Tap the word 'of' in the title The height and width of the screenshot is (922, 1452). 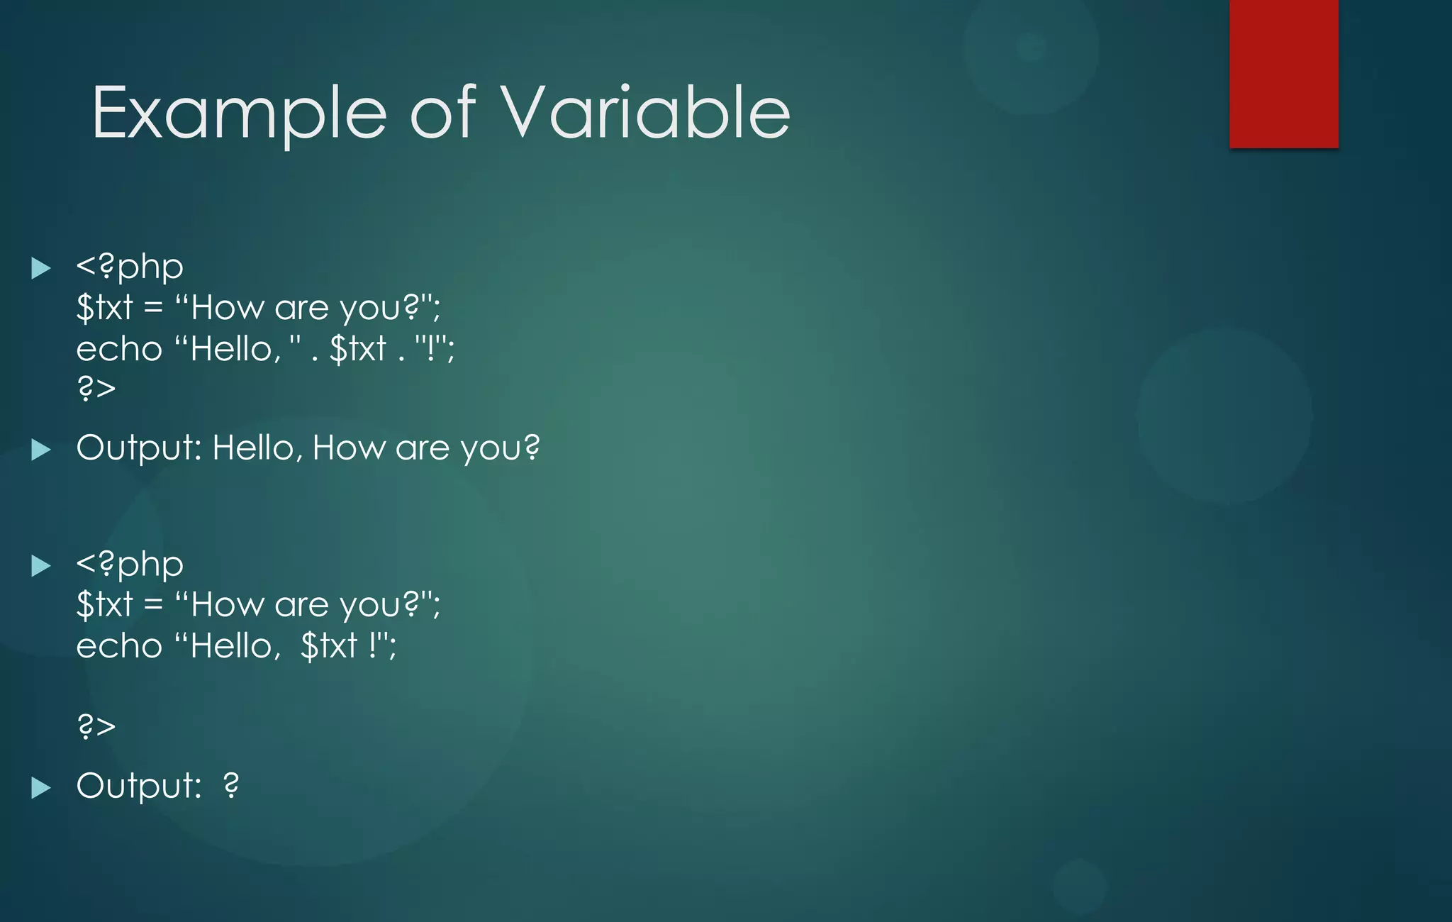(442, 112)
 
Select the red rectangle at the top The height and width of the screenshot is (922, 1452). (1283, 73)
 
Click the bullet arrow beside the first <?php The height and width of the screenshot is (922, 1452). (41, 268)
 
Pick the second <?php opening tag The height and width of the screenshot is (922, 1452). (130, 565)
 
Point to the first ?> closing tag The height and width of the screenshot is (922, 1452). (96, 389)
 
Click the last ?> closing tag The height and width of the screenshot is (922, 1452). (96, 726)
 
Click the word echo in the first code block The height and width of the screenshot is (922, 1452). (119, 349)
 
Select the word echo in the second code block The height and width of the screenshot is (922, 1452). (119, 646)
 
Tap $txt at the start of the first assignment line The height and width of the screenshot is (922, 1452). (104, 308)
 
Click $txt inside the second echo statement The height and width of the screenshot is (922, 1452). (329, 646)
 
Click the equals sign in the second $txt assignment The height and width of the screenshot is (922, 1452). (153, 605)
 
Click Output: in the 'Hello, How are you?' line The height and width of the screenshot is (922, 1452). (139, 448)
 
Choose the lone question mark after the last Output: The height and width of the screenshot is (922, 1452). (231, 786)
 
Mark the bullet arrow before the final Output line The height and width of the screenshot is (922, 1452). (41, 787)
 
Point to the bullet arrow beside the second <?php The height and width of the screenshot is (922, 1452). (41, 565)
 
